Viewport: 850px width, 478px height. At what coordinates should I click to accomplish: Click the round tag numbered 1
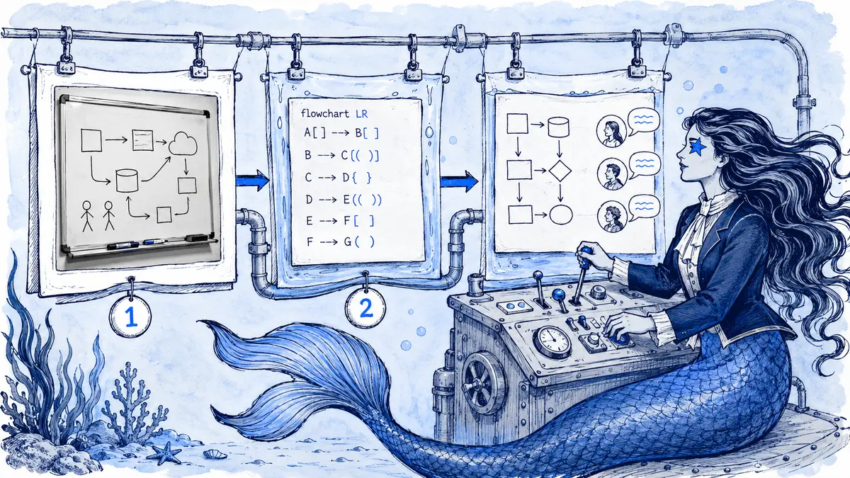[130, 317]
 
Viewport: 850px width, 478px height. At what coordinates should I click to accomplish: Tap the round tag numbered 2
[365, 309]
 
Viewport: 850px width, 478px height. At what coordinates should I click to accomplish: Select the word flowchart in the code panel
[324, 113]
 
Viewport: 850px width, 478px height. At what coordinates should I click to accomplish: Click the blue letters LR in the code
[362, 113]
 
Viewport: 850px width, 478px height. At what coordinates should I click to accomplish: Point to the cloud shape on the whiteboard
[183, 143]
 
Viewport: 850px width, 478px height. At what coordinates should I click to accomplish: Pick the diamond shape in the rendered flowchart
[560, 171]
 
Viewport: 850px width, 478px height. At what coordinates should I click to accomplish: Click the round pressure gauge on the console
[552, 343]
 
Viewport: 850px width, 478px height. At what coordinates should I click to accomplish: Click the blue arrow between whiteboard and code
[252, 180]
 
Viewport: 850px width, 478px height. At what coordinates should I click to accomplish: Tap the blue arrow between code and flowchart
[459, 181]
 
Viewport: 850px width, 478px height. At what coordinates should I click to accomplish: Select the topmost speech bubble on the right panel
[644, 120]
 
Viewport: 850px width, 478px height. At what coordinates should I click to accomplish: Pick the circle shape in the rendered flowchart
[560, 215]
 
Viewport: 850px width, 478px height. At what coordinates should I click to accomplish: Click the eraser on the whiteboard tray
[197, 238]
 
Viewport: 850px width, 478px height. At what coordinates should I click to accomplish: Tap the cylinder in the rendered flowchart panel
[558, 127]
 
